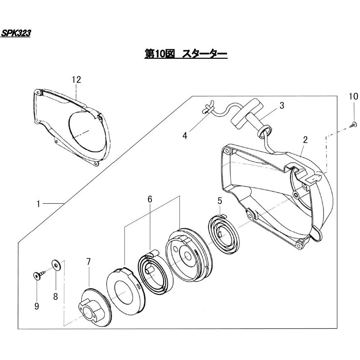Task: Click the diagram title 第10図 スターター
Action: coord(186,54)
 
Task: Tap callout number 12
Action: coord(77,80)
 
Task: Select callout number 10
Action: coord(354,97)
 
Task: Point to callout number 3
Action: coord(281,105)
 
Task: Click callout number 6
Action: coord(150,199)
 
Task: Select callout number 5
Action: coord(220,201)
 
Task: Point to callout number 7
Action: coord(88,262)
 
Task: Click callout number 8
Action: coord(55,296)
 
